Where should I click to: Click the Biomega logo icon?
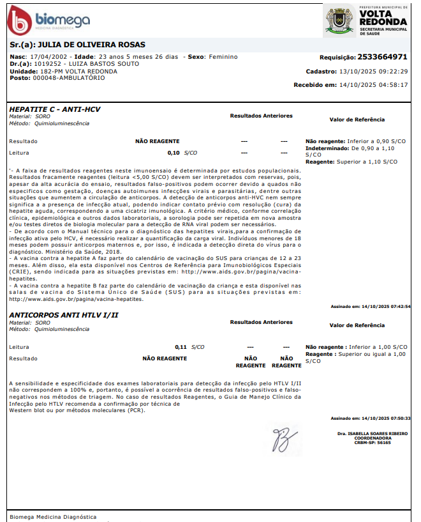pyautogui.click(x=18, y=21)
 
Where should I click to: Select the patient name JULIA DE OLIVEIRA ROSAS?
pyautogui.click(x=92, y=45)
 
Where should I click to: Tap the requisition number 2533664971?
pyautogui.click(x=382, y=56)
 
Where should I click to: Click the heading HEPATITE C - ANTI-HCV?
pyautogui.click(x=54, y=109)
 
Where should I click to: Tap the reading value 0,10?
pyautogui.click(x=174, y=153)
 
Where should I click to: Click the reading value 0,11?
pyautogui.click(x=181, y=347)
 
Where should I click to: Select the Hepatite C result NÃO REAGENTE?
pyautogui.click(x=157, y=141)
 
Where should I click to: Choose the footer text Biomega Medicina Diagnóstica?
pyautogui.click(x=53, y=516)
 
